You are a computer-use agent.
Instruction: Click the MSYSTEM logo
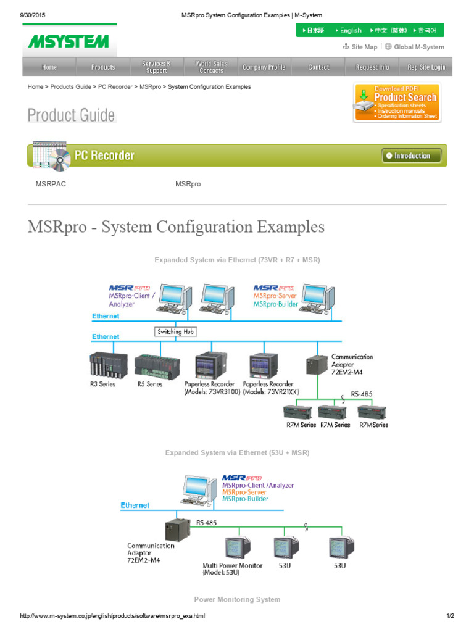pyautogui.click(x=68, y=41)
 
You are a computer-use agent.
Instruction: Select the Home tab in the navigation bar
pyautogui.click(x=49, y=67)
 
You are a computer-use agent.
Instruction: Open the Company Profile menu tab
pyautogui.click(x=264, y=67)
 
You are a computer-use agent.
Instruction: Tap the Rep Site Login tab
pyautogui.click(x=426, y=67)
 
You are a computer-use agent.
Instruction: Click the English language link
pyautogui.click(x=348, y=30)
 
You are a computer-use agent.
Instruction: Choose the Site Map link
pyautogui.click(x=360, y=47)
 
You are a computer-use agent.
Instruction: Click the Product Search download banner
pyautogui.click(x=397, y=102)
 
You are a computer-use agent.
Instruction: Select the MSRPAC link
pyautogui.click(x=51, y=184)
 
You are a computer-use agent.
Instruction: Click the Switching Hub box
pyautogui.click(x=175, y=331)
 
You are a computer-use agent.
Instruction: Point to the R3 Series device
pyautogui.click(x=108, y=365)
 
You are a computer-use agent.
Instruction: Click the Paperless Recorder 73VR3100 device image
pyautogui.click(x=212, y=365)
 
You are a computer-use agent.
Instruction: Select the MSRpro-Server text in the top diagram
pyautogui.click(x=275, y=296)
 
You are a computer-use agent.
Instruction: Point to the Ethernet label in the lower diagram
pyautogui.click(x=135, y=505)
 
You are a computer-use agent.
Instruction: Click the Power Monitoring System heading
pyautogui.click(x=237, y=599)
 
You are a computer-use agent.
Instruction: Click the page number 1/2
pyautogui.click(x=450, y=616)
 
